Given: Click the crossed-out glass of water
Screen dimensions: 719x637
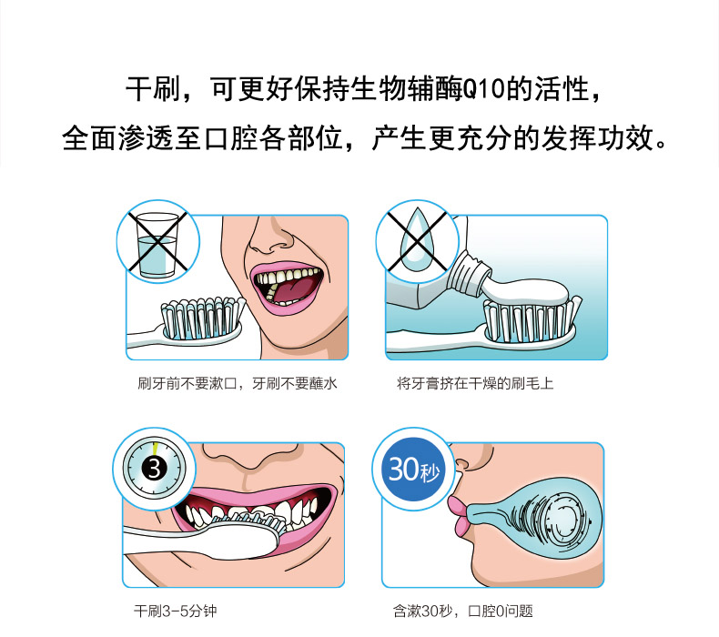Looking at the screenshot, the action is click(x=157, y=245).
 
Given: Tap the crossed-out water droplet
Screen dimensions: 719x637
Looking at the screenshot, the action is click(x=417, y=239).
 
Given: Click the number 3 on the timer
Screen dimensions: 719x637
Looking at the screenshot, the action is click(x=154, y=470).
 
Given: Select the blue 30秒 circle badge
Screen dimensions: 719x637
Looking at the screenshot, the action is click(x=414, y=470).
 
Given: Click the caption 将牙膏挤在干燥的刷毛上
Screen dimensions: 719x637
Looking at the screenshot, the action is click(x=475, y=383).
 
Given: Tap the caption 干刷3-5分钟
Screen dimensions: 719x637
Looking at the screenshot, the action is click(x=175, y=611).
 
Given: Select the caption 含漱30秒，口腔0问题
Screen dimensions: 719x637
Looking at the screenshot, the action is click(x=462, y=611).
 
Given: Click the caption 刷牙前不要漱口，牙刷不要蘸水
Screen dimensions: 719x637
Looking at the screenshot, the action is click(x=237, y=383).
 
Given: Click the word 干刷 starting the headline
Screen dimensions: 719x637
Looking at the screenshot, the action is click(x=153, y=89).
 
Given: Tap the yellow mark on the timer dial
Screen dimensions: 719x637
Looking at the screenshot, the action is click(x=156, y=448).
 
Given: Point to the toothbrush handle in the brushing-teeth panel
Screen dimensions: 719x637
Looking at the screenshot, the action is click(x=184, y=542).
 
